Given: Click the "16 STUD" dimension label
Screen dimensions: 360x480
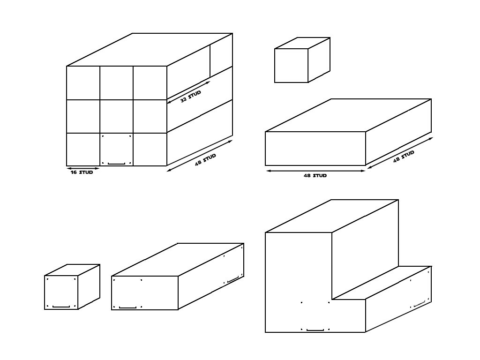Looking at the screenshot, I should pyautogui.click(x=82, y=172).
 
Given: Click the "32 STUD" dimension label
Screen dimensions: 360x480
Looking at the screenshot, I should pyautogui.click(x=191, y=97).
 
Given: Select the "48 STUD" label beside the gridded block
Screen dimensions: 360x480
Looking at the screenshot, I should pyautogui.click(x=206, y=160).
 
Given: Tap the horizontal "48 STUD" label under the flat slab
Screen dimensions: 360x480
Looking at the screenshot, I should pyautogui.click(x=315, y=176).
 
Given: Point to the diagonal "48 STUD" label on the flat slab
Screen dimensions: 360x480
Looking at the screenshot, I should pyautogui.click(x=404, y=156).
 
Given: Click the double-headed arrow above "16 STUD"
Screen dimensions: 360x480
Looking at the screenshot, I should pyautogui.click(x=83, y=168).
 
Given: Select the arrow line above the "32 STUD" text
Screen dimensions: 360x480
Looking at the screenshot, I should pyautogui.click(x=188, y=91).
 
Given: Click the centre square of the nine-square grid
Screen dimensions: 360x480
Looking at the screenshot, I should pyautogui.click(x=116, y=116).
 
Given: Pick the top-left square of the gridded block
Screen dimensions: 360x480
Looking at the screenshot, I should pyautogui.click(x=83, y=82).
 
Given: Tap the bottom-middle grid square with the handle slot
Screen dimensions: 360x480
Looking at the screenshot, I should pyautogui.click(x=116, y=150).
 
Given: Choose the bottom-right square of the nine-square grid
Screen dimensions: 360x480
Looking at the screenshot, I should pyautogui.click(x=150, y=150).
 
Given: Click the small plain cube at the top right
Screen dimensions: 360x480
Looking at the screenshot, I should pyautogui.click(x=292, y=66).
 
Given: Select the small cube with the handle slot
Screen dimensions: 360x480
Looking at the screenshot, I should pyautogui.click(x=61, y=292).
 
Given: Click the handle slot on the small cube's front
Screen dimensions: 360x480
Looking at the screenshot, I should pyautogui.click(x=61, y=307).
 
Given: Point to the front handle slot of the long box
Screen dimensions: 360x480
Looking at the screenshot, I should pyautogui.click(x=127, y=307).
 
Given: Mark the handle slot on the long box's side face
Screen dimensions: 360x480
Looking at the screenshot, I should pyautogui.click(x=233, y=281).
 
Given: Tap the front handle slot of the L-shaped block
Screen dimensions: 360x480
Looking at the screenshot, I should pyautogui.click(x=315, y=330).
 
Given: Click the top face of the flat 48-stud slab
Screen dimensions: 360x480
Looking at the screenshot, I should pyautogui.click(x=348, y=115).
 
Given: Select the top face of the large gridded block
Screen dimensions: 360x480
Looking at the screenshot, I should pyautogui.click(x=150, y=49).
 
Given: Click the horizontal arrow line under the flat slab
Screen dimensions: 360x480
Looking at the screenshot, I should pyautogui.click(x=315, y=171).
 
